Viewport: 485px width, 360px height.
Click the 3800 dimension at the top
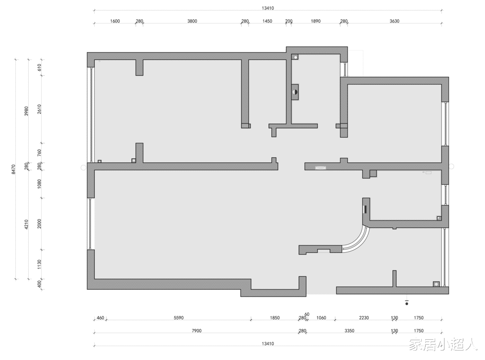(x=192, y=21)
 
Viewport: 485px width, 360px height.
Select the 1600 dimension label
(x=115, y=21)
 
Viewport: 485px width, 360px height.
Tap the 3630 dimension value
(x=394, y=21)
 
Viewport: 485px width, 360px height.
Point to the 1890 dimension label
(x=316, y=21)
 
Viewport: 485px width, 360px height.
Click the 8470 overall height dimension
(x=13, y=169)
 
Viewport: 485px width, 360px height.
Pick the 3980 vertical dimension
(x=26, y=111)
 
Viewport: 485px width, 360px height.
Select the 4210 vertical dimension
(x=26, y=224)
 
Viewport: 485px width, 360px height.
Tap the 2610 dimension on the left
(x=39, y=109)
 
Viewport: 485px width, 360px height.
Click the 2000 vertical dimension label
(x=39, y=224)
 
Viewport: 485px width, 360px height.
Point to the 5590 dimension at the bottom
(x=178, y=318)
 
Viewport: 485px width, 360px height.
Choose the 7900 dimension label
(x=196, y=331)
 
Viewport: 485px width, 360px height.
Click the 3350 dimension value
(x=349, y=331)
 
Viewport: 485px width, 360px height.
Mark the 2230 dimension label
(x=364, y=318)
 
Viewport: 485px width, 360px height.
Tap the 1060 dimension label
(x=321, y=318)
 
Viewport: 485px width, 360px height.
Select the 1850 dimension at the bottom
(x=275, y=318)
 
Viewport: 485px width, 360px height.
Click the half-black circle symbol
(x=295, y=92)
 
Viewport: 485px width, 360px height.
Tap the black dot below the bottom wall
(x=407, y=304)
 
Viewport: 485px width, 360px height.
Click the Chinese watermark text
(x=443, y=344)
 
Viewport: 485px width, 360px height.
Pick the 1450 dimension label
(x=267, y=21)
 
